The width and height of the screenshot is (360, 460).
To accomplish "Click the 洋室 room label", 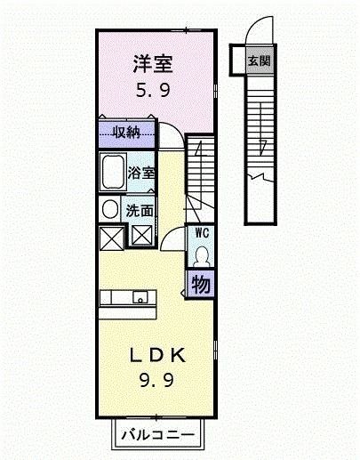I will tap(152, 64).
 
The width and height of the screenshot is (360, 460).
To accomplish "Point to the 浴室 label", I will tap(140, 172).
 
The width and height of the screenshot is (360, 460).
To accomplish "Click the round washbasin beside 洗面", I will tap(109, 209).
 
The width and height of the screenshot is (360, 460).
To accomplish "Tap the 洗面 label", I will tap(140, 211).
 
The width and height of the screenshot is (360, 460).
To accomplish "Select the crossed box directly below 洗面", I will tap(142, 236).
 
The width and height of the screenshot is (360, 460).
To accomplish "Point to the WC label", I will tap(201, 233).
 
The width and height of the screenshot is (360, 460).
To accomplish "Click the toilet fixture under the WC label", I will tap(202, 255).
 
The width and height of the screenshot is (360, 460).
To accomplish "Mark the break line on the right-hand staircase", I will tap(263, 177).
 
